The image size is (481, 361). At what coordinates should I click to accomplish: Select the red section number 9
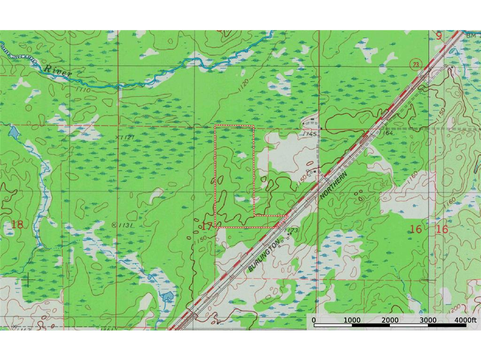point(439,36)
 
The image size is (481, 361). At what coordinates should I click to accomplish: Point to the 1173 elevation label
point(292,230)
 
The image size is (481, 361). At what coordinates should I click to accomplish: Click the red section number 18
point(17,225)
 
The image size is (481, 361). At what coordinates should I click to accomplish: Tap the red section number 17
point(207,226)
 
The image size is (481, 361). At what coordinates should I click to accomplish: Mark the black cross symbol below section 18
point(29,281)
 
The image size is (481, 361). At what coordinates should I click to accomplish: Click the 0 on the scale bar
point(314,320)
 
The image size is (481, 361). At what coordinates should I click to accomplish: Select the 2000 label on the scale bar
point(389,320)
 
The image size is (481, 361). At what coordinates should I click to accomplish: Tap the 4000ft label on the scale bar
point(465,320)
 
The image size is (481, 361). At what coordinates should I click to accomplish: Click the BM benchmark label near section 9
point(471,35)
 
